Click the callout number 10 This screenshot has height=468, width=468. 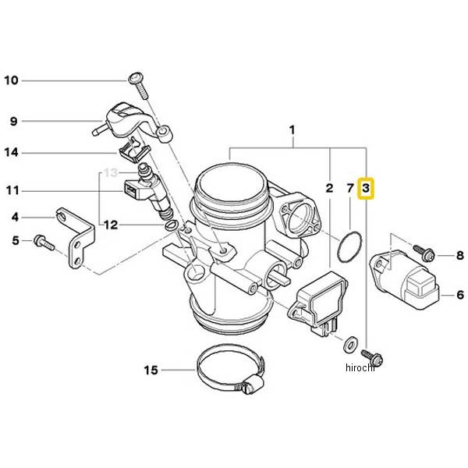[x=12, y=80]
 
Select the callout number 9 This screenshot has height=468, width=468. [x=12, y=121]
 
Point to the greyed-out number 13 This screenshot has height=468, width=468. [x=113, y=172]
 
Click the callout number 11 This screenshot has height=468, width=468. [x=12, y=190]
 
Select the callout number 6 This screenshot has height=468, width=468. [x=459, y=295]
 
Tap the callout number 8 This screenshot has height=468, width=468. [x=459, y=255]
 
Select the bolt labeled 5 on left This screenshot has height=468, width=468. [x=42, y=243]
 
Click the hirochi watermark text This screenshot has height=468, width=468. [x=360, y=367]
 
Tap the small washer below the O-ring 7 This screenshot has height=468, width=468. [x=349, y=342]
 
